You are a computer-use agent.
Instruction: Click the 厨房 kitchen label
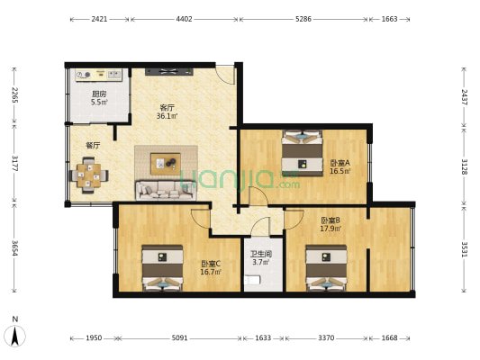(x=99, y=94)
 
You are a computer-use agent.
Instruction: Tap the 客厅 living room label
(x=167, y=107)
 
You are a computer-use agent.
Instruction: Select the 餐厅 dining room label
(x=93, y=145)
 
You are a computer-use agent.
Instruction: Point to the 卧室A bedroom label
(x=340, y=162)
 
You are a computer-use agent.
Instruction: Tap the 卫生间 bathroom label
(x=262, y=254)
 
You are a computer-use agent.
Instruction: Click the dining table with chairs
(x=88, y=175)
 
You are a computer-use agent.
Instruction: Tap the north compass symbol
(x=15, y=335)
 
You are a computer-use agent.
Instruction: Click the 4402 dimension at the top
(x=184, y=18)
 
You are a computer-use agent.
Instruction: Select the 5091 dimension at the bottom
(x=179, y=338)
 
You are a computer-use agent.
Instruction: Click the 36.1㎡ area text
(x=167, y=116)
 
